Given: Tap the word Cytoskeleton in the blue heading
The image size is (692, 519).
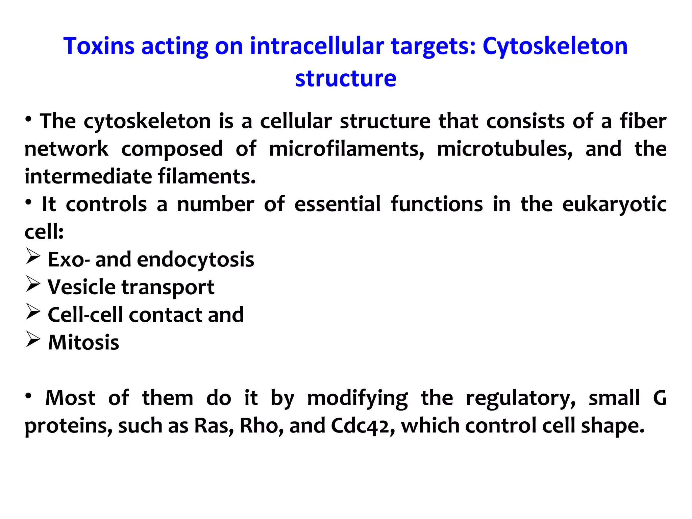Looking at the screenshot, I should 555,47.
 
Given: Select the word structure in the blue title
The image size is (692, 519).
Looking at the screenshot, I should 346,78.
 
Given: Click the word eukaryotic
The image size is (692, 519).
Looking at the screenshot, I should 614,205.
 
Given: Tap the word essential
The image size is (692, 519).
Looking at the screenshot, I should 337,204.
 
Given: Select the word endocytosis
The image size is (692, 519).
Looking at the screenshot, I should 195,260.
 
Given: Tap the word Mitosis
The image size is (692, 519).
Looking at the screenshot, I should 83,343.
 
